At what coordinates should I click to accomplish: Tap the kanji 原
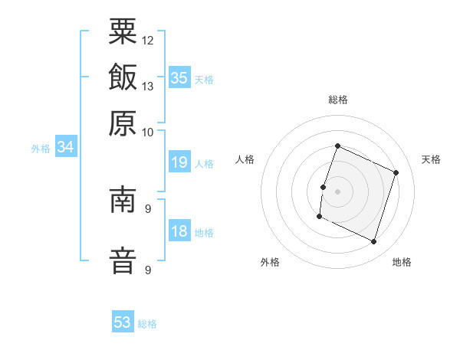(123, 122)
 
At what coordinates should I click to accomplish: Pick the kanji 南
(123, 201)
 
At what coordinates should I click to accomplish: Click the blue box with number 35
(179, 78)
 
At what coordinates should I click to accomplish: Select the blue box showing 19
(179, 162)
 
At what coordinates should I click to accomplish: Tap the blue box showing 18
(179, 232)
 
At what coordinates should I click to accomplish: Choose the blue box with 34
(65, 148)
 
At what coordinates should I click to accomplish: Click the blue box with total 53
(123, 322)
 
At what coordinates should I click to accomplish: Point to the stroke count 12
(148, 40)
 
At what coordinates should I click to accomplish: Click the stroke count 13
(148, 86)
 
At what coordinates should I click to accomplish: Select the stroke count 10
(148, 132)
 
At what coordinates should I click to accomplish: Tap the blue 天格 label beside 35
(204, 80)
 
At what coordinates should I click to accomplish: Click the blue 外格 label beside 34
(41, 149)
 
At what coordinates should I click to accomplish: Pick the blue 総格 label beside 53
(147, 324)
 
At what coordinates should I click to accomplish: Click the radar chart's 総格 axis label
(338, 100)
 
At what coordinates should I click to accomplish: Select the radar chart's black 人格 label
(245, 159)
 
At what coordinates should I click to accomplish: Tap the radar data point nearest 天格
(396, 173)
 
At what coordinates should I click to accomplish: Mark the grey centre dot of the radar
(338, 190)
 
